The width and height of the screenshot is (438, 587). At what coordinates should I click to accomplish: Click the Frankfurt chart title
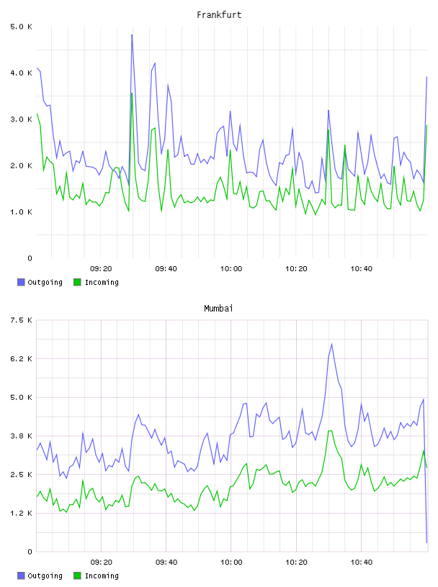(219, 15)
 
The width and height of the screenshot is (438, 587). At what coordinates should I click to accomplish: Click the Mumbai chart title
(218, 309)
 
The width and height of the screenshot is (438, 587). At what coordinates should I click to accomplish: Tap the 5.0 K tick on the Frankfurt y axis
(21, 27)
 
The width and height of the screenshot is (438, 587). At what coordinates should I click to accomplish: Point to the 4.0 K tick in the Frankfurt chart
(21, 73)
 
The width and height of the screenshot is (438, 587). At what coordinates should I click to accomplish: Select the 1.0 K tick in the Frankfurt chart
(21, 212)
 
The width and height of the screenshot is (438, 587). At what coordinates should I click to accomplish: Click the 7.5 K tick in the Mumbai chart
(21, 320)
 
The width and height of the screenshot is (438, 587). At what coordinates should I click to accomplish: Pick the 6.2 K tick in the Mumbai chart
(21, 359)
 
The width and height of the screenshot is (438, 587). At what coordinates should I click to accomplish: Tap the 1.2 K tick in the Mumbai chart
(21, 513)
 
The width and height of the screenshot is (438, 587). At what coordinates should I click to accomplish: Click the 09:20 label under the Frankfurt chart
(101, 269)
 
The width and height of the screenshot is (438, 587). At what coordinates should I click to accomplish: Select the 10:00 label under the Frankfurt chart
(231, 269)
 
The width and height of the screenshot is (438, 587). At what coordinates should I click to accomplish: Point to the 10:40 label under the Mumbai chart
(362, 563)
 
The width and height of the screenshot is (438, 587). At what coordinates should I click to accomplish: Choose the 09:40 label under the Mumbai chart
(166, 563)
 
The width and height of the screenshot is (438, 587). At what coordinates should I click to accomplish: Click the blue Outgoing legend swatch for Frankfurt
(21, 282)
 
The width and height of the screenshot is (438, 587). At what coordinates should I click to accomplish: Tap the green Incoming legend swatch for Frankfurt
(77, 282)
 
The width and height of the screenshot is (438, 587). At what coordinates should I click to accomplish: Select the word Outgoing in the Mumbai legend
(45, 575)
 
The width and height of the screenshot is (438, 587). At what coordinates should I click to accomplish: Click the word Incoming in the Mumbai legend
(102, 575)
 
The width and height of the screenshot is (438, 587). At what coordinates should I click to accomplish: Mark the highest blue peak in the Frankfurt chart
(132, 35)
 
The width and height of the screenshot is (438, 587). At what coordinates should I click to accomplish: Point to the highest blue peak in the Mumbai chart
(331, 344)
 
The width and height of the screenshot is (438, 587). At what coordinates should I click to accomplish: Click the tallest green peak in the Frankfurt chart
(132, 94)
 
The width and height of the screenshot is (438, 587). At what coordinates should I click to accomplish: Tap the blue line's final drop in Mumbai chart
(425, 471)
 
